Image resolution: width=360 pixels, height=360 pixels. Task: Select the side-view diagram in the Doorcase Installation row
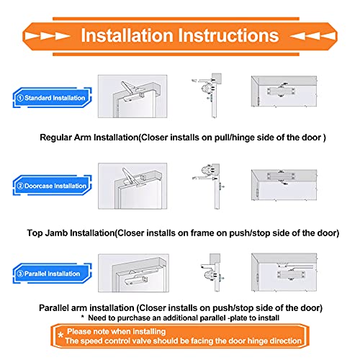(x=209, y=186)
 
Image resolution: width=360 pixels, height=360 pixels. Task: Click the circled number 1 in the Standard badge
(x=21, y=97)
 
